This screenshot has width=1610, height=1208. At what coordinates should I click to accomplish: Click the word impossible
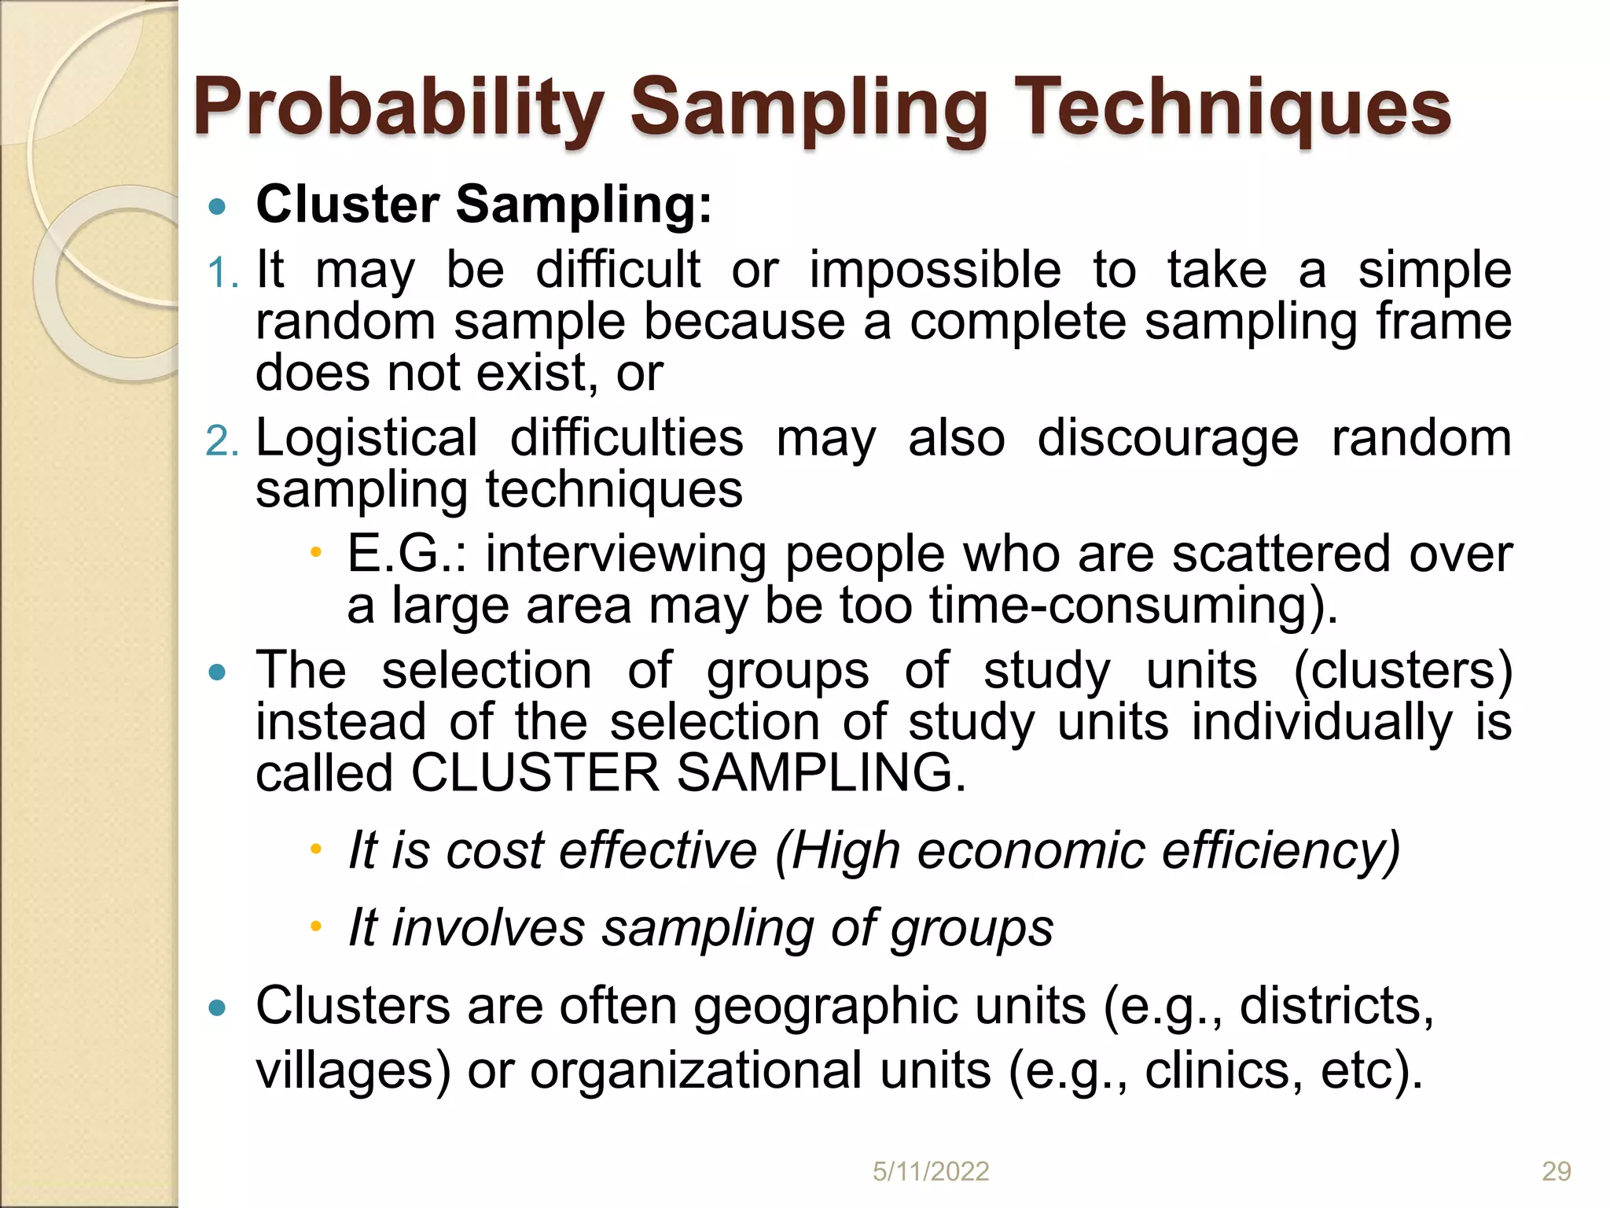point(935,271)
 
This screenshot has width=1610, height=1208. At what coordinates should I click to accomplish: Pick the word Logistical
point(366,438)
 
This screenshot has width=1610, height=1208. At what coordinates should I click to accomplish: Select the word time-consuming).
point(1133,606)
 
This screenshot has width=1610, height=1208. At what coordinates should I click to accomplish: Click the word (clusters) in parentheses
point(1402,671)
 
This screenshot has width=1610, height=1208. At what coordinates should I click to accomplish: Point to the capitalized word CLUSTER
point(535,773)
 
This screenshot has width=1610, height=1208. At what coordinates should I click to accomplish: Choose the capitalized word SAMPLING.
point(821,773)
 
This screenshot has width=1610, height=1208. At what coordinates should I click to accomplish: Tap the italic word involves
point(487,928)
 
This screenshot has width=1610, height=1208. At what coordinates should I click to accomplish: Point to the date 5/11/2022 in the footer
point(931,1172)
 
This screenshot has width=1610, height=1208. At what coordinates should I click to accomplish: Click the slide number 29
point(1556,1172)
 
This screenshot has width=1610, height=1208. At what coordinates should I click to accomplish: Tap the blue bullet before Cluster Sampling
point(218,208)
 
